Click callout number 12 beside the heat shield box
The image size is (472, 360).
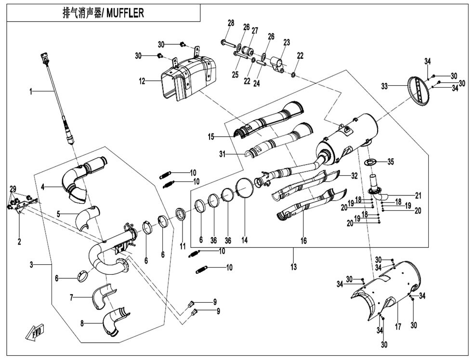tap(142, 81)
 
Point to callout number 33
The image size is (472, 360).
tap(384, 86)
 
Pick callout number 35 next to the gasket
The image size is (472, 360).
tap(391, 162)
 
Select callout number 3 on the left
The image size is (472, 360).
tap(31, 264)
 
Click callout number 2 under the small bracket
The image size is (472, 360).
tap(19, 242)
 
